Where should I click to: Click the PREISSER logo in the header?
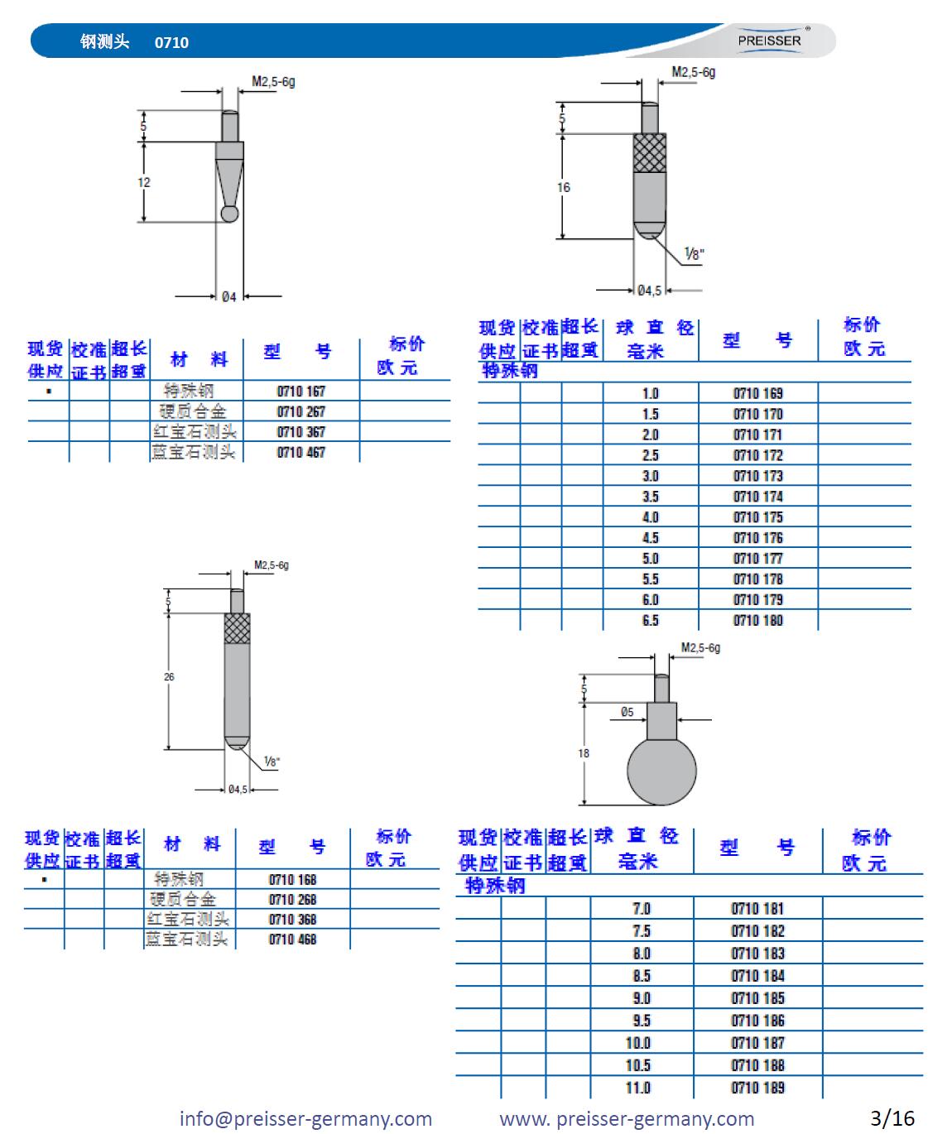pos(770,41)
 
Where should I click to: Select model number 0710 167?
pos(301,391)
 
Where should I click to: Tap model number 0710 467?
pos(301,453)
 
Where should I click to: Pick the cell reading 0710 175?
pos(757,517)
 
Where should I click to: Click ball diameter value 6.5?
pos(651,621)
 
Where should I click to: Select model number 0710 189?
pos(757,1088)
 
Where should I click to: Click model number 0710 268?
pos(292,900)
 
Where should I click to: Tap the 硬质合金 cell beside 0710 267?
pos(193,411)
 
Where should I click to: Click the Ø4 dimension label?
pos(228,296)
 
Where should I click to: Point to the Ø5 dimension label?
pos(627,712)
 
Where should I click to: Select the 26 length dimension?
pos(169,677)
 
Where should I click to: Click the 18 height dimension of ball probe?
pos(584,753)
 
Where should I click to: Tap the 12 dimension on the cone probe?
pos(144,183)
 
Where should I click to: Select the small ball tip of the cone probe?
pos(229,214)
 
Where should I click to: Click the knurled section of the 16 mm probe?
pos(650,151)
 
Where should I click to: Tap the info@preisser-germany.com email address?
pos(305,1119)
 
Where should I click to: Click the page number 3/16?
pos(892,1118)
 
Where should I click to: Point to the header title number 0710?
pos(171,42)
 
